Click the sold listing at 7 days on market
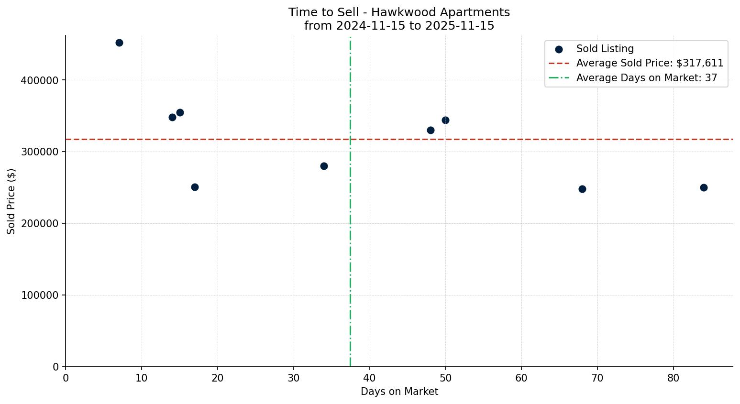pyautogui.click(x=119, y=43)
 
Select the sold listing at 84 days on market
pyautogui.click(x=704, y=187)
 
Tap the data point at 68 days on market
pyautogui.click(x=582, y=189)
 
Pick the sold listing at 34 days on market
pyautogui.click(x=324, y=166)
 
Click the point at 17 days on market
pyautogui.click(x=195, y=187)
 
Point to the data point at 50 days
pyautogui.click(x=445, y=120)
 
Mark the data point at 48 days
pyautogui.click(x=431, y=130)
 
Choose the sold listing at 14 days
pyautogui.click(x=172, y=117)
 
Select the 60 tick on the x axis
pyautogui.click(x=521, y=378)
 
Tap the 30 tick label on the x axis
pyautogui.click(x=294, y=378)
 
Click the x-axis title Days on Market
pyautogui.click(x=399, y=392)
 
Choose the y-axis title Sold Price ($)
pyautogui.click(x=11, y=201)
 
